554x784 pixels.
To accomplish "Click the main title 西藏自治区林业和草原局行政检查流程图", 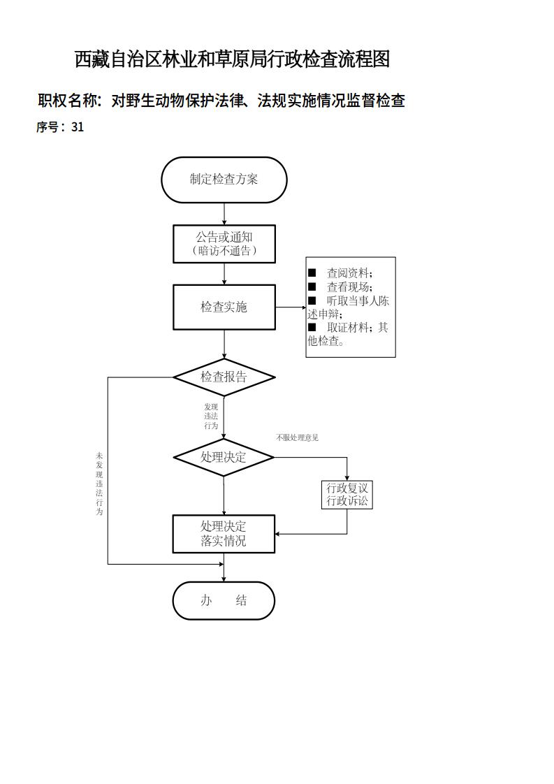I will [x=232, y=60].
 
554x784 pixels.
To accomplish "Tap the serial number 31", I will [x=77, y=127].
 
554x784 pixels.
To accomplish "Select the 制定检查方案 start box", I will [x=224, y=180].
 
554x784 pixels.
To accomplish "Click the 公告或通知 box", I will [x=224, y=243].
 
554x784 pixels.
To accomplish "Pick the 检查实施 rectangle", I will [x=224, y=307].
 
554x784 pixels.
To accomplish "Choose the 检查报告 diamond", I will [x=224, y=377].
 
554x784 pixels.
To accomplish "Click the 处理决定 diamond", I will [x=224, y=458].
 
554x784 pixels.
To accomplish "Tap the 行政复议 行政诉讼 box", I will [x=347, y=495].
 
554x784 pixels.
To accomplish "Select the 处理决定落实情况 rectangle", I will [x=224, y=534].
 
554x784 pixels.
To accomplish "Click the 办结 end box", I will [x=224, y=601].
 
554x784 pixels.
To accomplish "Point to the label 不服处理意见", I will [x=297, y=438].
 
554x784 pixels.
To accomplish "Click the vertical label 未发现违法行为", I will [x=99, y=484].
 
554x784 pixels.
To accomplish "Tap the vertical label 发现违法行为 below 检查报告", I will [x=211, y=416].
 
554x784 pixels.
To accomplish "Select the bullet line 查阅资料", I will [x=349, y=273].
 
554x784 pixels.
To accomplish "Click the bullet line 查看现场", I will [x=349, y=287].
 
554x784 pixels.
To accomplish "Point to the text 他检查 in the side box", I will [x=325, y=342].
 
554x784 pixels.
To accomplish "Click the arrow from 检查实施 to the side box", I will [x=291, y=307].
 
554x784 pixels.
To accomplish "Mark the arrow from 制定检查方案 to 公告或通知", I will [x=224, y=214].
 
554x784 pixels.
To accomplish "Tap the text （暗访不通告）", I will [x=224, y=251].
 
